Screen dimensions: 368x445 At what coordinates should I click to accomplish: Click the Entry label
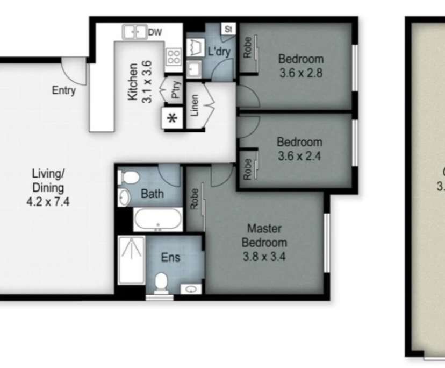(63, 90)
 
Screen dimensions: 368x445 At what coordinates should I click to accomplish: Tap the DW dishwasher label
(155, 32)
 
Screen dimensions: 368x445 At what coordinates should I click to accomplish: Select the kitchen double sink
(135, 32)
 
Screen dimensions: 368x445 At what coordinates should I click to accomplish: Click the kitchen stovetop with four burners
(173, 56)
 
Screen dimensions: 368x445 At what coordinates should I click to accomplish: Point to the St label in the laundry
(228, 29)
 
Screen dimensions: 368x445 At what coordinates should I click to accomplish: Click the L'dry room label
(219, 51)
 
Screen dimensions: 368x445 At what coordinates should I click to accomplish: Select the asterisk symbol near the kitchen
(173, 118)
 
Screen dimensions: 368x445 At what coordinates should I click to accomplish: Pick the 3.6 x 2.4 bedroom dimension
(299, 157)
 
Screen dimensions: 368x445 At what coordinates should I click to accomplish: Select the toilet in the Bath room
(128, 177)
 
